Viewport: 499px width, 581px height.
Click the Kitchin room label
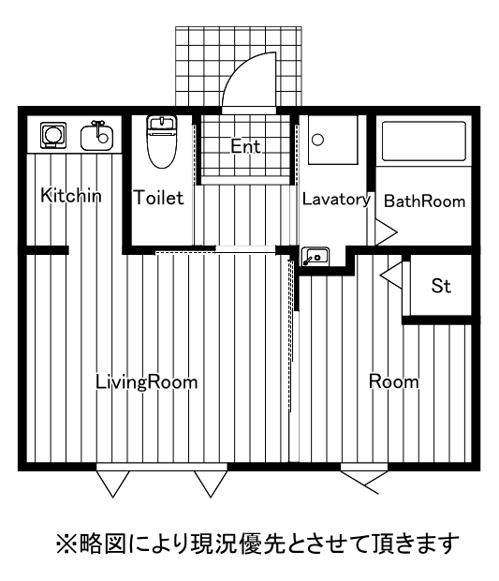(x=71, y=195)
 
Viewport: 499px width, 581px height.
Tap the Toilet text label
(x=158, y=198)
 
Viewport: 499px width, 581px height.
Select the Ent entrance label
(x=246, y=146)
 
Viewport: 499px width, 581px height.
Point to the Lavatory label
(x=336, y=200)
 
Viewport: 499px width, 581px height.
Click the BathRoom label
(x=425, y=201)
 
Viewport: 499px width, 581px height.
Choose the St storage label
(x=441, y=286)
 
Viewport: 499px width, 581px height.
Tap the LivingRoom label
(x=147, y=382)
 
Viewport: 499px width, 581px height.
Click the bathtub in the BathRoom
(x=423, y=142)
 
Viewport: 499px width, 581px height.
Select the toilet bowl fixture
(x=162, y=142)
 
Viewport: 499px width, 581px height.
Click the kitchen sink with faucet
(x=97, y=136)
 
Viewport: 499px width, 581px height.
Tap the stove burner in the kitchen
(x=53, y=135)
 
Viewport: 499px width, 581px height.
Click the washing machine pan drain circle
(x=318, y=140)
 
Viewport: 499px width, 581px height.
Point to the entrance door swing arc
(x=242, y=67)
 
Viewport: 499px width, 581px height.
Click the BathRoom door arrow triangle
(x=387, y=232)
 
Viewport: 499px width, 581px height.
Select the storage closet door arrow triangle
(x=391, y=275)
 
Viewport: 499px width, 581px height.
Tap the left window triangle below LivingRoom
(x=113, y=484)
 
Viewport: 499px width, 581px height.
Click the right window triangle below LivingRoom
(x=211, y=484)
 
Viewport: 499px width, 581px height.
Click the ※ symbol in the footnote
(x=66, y=544)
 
